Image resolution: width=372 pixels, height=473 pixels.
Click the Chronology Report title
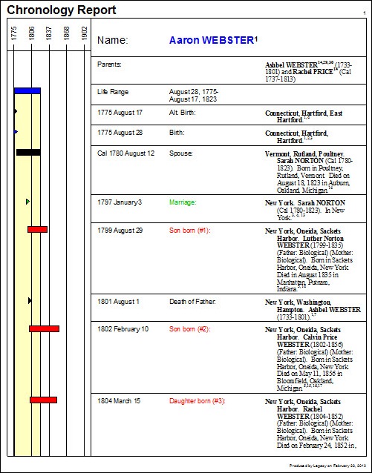(61, 10)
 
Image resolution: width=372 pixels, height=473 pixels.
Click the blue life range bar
(27, 90)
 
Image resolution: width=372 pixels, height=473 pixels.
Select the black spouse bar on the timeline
(28, 152)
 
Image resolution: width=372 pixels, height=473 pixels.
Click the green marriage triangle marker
(27, 201)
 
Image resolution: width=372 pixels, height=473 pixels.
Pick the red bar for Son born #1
(37, 229)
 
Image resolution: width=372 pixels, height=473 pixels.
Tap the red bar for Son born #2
(44, 328)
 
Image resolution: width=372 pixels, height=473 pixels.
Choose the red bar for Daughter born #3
(43, 400)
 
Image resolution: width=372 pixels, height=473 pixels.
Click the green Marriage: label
(183, 202)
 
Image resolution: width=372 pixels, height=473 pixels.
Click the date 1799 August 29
(120, 231)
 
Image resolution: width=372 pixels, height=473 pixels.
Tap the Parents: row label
(109, 64)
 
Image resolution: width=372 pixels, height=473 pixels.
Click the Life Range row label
(113, 92)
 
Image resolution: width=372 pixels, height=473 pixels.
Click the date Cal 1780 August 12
(126, 153)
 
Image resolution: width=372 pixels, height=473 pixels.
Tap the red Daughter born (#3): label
(197, 401)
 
